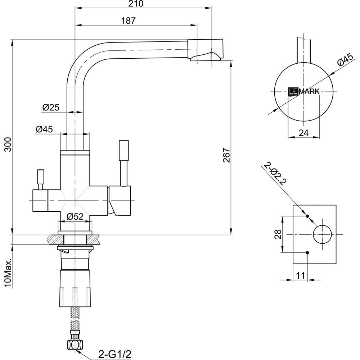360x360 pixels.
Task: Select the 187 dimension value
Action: pyautogui.click(x=128, y=21)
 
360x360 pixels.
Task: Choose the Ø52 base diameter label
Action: pyautogui.click(x=76, y=216)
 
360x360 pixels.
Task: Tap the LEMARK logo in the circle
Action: pyautogui.click(x=303, y=91)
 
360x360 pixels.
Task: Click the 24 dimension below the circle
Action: pyautogui.click(x=304, y=133)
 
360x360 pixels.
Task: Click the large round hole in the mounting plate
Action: pyautogui.click(x=323, y=234)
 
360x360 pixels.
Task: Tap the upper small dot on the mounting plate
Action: pyautogui.click(x=307, y=216)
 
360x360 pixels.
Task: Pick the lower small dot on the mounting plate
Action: pyautogui.click(x=307, y=252)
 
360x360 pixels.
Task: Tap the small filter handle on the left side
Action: pyautogui.click(x=40, y=179)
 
